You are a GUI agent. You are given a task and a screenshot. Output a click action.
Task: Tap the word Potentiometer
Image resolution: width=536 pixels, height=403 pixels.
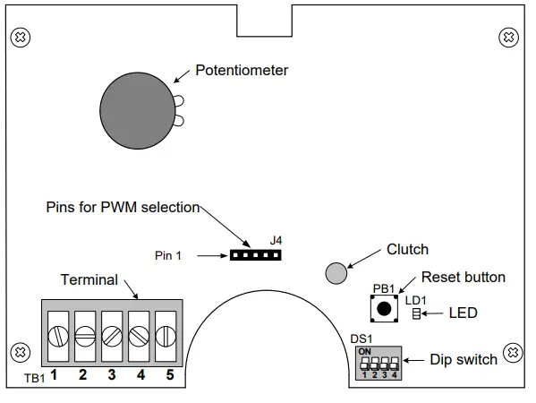pyautogui.click(x=242, y=70)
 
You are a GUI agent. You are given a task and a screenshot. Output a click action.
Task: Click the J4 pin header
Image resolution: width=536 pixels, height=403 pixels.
pyautogui.click(x=255, y=255)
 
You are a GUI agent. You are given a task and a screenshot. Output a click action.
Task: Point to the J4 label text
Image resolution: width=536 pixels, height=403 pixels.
pyautogui.click(x=276, y=240)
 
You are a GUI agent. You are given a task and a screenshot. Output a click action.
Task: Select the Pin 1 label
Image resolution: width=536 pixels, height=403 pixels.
pyautogui.click(x=167, y=255)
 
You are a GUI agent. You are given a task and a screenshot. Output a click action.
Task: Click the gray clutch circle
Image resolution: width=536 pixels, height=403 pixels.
pyautogui.click(x=336, y=273)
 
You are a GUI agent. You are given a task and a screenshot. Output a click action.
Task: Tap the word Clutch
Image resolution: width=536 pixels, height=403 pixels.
pyautogui.click(x=407, y=250)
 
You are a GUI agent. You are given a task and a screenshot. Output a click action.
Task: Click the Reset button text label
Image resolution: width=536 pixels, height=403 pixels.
pyautogui.click(x=463, y=278)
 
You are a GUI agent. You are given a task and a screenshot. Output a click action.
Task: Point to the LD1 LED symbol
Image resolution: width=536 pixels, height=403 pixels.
pyautogui.click(x=416, y=313)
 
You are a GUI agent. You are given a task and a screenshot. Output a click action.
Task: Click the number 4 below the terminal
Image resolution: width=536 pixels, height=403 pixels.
pyautogui.click(x=140, y=375)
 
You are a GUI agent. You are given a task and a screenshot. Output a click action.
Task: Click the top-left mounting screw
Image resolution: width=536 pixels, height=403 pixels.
pyautogui.click(x=18, y=38)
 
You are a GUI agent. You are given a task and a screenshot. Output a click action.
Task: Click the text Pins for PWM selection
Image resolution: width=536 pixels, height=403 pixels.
pyautogui.click(x=123, y=207)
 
